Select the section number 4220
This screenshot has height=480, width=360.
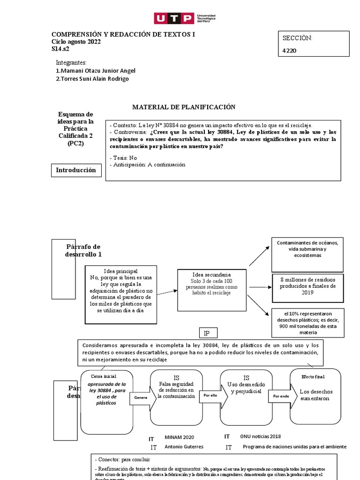point(289,51)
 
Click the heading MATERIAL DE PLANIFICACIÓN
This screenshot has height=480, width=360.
point(184,107)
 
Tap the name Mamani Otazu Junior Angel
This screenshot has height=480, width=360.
point(95,71)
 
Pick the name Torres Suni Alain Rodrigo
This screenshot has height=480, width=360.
point(92,79)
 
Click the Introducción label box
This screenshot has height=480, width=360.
point(76,170)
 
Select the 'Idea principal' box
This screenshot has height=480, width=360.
point(121,294)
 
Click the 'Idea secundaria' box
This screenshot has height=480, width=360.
point(211,290)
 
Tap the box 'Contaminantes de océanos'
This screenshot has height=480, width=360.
point(307,249)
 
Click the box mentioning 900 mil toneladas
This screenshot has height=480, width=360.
point(307,322)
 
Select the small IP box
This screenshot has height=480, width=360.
point(207,333)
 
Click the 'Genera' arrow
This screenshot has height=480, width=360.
point(141,397)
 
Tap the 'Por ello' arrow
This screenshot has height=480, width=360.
point(210,396)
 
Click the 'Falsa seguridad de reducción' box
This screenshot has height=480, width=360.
point(176,390)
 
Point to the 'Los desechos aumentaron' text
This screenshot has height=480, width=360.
point(315,395)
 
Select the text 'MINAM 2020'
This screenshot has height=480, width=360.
point(179,437)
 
